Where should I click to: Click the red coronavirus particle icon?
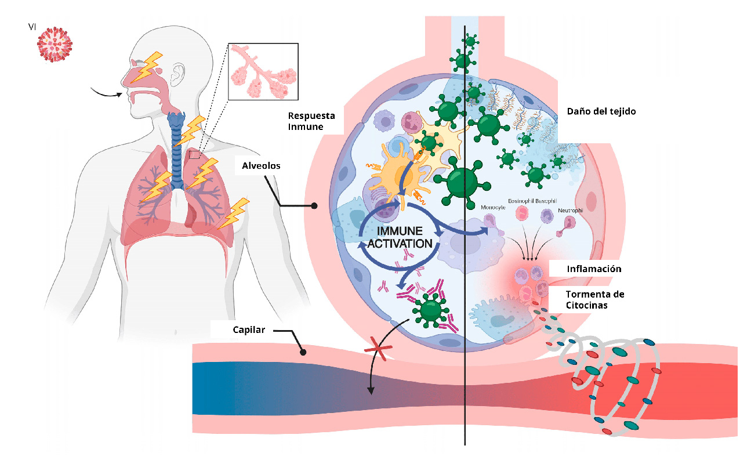pyautogui.click(x=55, y=45)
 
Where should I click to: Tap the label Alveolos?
pyautogui.click(x=261, y=165)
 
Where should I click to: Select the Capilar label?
pyautogui.click(x=249, y=330)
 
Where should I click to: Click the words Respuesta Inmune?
pyautogui.click(x=311, y=121)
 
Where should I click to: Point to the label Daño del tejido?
pyautogui.click(x=601, y=111)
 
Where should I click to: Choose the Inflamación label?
pyautogui.click(x=594, y=269)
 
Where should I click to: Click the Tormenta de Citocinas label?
pyautogui.click(x=595, y=299)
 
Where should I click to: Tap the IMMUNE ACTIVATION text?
pyautogui.click(x=400, y=237)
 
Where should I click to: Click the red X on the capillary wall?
pyautogui.click(x=378, y=349)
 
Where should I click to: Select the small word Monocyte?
pyautogui.click(x=493, y=208)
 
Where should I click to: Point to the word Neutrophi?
pyautogui.click(x=570, y=211)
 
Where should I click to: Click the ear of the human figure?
pyautogui.click(x=178, y=74)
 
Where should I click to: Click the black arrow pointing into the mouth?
pyautogui.click(x=106, y=93)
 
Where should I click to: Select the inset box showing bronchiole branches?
pyautogui.click(x=263, y=71)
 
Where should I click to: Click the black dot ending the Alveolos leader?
pyautogui.click(x=314, y=206)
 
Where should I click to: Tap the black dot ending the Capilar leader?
pyautogui.click(x=303, y=352)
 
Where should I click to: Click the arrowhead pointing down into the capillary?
pyautogui.click(x=371, y=390)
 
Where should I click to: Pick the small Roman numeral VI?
pyautogui.click(x=32, y=27)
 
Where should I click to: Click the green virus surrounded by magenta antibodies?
pyautogui.click(x=430, y=310)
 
